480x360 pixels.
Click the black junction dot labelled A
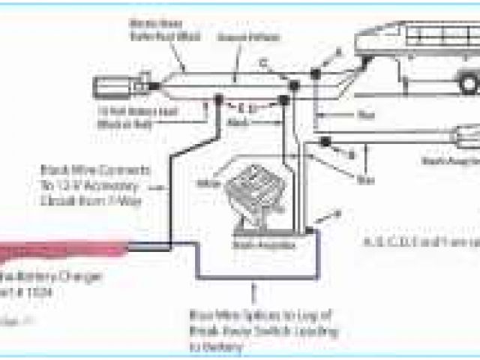coord(316,74)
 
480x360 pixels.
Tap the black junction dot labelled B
coord(325,142)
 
